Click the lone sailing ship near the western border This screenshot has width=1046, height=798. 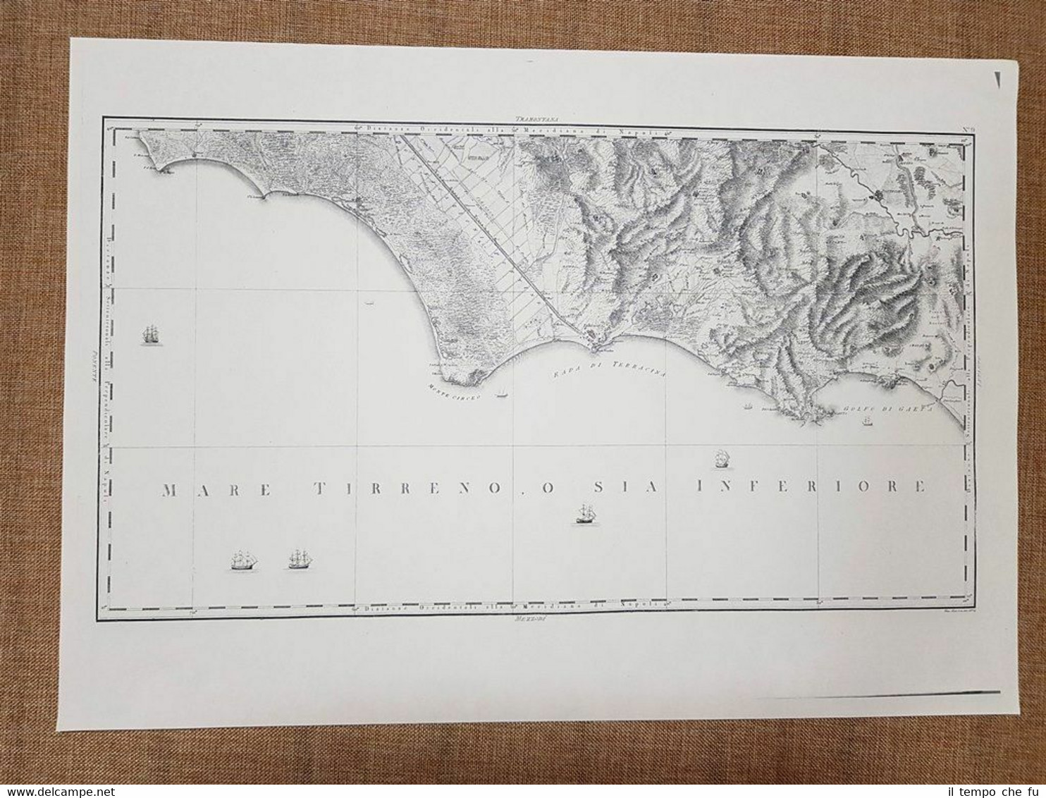150,335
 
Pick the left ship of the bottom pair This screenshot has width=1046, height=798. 245,560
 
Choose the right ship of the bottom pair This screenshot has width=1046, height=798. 300,559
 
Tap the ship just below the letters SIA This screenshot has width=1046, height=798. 585,514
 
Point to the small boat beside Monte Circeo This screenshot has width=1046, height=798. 502,393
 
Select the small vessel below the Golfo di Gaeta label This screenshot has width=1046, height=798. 866,422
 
